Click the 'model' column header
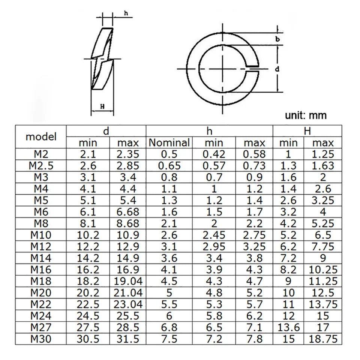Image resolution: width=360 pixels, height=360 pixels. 41,136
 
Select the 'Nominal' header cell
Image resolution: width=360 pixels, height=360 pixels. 169,143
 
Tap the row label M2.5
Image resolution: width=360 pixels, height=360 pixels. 41,165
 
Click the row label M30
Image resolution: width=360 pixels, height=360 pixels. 41,339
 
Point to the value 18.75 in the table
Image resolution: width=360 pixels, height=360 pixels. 323,339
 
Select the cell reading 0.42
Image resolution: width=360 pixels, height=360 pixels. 214,154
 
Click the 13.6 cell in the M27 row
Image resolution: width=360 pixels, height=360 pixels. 288,328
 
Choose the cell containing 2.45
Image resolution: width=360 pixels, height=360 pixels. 214,235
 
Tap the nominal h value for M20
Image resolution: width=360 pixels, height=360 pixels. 169,293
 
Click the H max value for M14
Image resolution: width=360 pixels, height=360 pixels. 323,258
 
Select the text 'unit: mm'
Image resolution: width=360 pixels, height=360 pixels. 306,115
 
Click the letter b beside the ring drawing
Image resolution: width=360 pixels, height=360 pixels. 277,39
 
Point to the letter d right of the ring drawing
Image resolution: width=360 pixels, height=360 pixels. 277,69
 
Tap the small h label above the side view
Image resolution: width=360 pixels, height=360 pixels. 126,13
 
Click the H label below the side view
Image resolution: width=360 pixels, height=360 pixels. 102,106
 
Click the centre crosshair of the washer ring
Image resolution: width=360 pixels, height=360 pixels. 222,69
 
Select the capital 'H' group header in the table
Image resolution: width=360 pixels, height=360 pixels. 307,131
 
